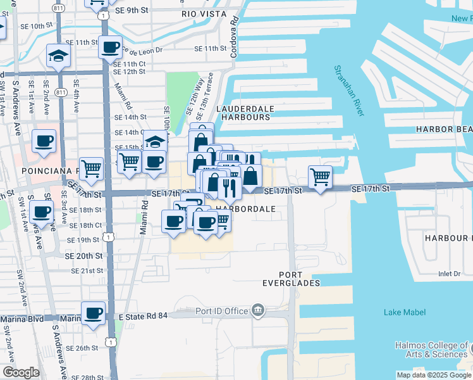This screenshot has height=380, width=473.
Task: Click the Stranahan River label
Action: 349,91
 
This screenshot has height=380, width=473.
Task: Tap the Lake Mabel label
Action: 405,312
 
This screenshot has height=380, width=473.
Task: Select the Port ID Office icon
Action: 257,310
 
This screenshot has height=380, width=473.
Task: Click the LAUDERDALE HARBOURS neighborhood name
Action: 244,113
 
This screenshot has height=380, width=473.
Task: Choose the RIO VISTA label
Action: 202,13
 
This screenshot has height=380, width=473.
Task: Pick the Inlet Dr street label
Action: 450,274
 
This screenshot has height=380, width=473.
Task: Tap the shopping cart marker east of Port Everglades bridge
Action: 321,177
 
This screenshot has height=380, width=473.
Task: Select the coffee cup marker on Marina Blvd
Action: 94,313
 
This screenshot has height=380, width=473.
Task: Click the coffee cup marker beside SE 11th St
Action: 111,47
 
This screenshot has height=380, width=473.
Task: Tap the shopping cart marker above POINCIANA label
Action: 92,168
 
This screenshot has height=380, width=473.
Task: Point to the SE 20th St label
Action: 85,255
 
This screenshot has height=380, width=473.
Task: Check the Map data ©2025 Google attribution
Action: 433,375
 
